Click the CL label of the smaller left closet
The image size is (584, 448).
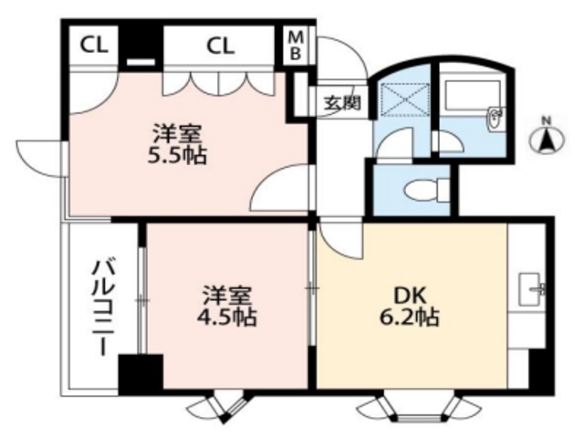point(92,45)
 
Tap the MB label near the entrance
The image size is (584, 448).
point(297,45)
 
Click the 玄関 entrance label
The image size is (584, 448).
point(340,101)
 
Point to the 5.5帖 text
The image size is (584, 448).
point(179,155)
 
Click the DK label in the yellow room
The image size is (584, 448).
point(409,296)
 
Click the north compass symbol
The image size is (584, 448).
point(547,139)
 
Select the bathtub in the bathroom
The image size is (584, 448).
point(472,95)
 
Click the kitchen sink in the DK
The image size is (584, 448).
point(531,292)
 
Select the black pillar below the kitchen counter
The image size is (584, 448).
point(541,369)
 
